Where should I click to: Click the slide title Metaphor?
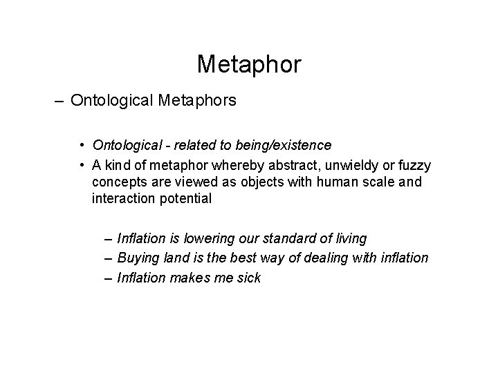[x=249, y=64]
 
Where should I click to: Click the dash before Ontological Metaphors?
[x=56, y=101]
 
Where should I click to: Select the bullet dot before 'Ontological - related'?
[x=82, y=146]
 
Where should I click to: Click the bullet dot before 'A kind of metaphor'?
[x=82, y=166]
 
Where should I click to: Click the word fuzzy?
[x=413, y=166]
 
